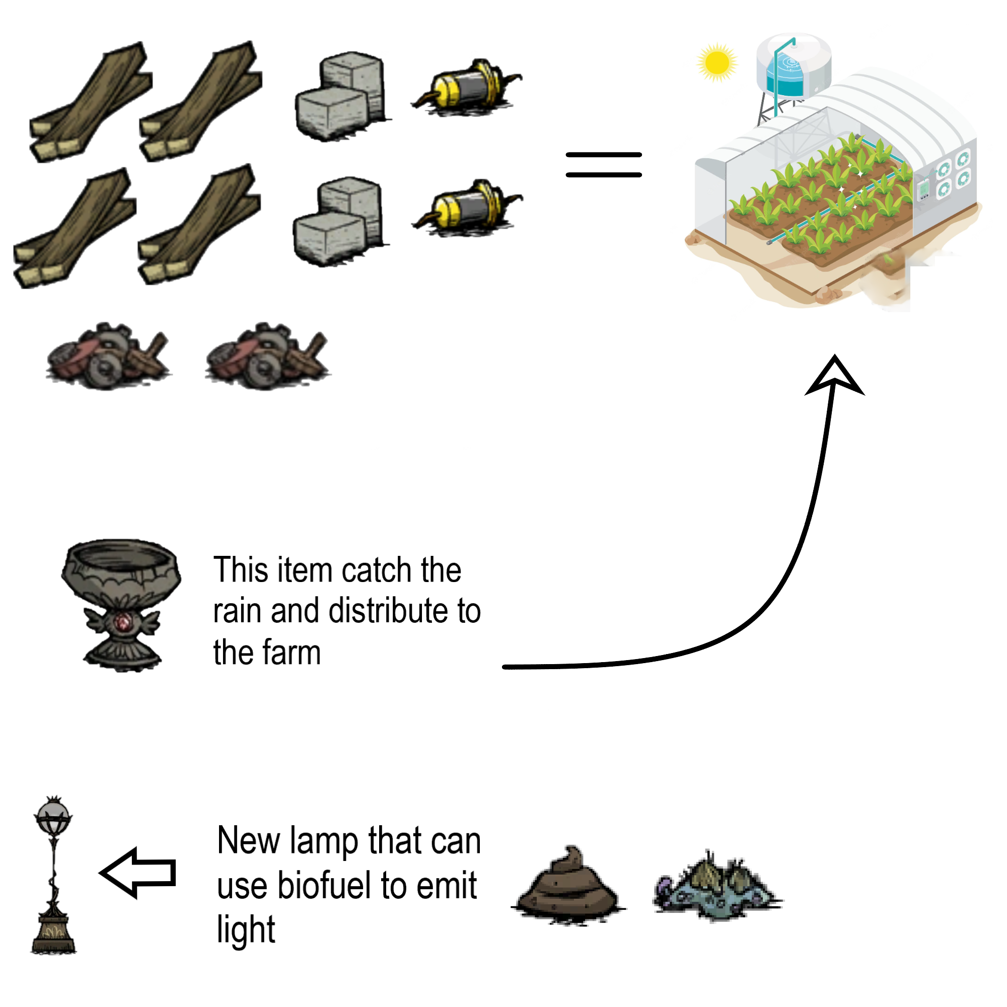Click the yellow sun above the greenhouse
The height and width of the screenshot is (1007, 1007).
click(x=716, y=62)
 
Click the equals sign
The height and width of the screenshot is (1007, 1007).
click(x=604, y=165)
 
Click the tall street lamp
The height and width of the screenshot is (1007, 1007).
click(x=53, y=876)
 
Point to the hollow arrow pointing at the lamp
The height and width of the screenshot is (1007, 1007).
click(x=138, y=873)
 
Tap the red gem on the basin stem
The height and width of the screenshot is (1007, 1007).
click(x=123, y=621)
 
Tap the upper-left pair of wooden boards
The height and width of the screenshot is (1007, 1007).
click(x=91, y=102)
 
